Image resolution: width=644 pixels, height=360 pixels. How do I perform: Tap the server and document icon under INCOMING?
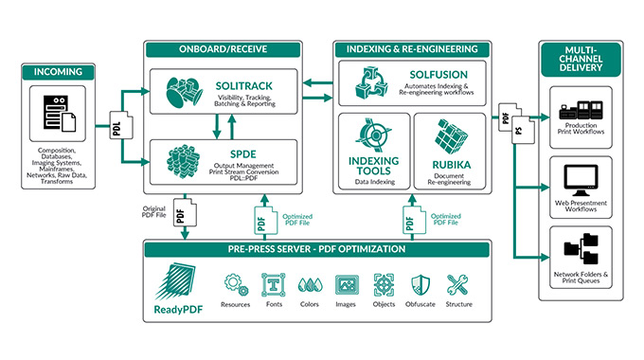coord(59,111)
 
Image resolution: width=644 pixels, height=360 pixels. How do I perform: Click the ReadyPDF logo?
coord(179,279)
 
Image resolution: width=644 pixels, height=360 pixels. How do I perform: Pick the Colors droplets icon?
coord(307,282)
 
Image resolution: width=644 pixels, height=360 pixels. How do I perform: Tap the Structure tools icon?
coord(457,282)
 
